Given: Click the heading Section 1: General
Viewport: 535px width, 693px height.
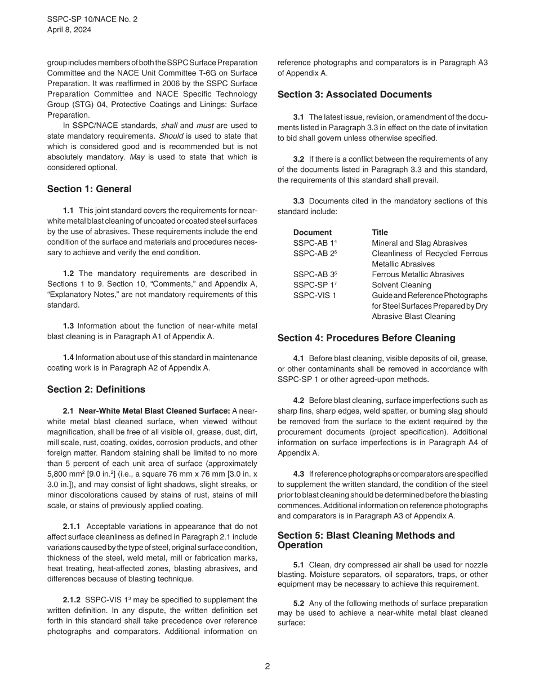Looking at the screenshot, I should pos(89,189).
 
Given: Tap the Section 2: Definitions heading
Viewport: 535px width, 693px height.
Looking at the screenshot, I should pos(96,389).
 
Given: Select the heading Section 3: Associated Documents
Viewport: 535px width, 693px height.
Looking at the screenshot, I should pos(355,95).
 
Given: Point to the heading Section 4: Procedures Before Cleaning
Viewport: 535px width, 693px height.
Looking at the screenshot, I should pos(366,338).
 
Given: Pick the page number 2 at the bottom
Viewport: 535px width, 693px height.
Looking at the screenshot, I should pos(267,666).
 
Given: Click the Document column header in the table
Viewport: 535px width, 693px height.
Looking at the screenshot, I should pos(312,232).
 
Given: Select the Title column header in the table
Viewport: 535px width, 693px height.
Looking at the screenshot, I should pos(380,232).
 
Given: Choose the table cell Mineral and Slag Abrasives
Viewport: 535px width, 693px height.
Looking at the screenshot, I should pos(419,243).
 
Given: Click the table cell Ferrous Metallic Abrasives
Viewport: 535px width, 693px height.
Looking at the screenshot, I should pos(418,274).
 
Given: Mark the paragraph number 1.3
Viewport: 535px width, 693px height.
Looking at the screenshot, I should pos(68,326).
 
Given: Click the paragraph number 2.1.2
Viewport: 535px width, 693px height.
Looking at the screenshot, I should pos(72,600).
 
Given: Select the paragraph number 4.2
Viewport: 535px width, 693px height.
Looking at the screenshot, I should pos(298,401).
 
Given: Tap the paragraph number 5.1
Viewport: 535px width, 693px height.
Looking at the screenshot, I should pos(298,565).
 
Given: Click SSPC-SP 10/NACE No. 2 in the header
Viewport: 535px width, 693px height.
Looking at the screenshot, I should pos(92,19).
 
